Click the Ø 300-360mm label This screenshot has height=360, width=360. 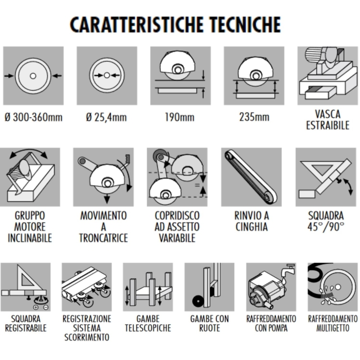click(33, 118)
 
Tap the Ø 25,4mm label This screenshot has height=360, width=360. click(106, 118)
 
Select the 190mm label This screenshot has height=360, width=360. click(180, 118)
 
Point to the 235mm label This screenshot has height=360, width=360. click(254, 118)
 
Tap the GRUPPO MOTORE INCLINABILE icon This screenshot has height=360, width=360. click(30, 177)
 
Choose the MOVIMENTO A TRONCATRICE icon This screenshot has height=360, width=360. click(103, 177)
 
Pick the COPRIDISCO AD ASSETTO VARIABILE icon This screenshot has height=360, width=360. click(177, 177)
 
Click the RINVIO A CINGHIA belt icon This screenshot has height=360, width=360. click(251, 177)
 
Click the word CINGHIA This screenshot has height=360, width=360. click(251, 227)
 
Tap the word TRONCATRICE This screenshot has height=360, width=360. click(103, 238)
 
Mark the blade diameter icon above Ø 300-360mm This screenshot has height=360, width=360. click(33, 76)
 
